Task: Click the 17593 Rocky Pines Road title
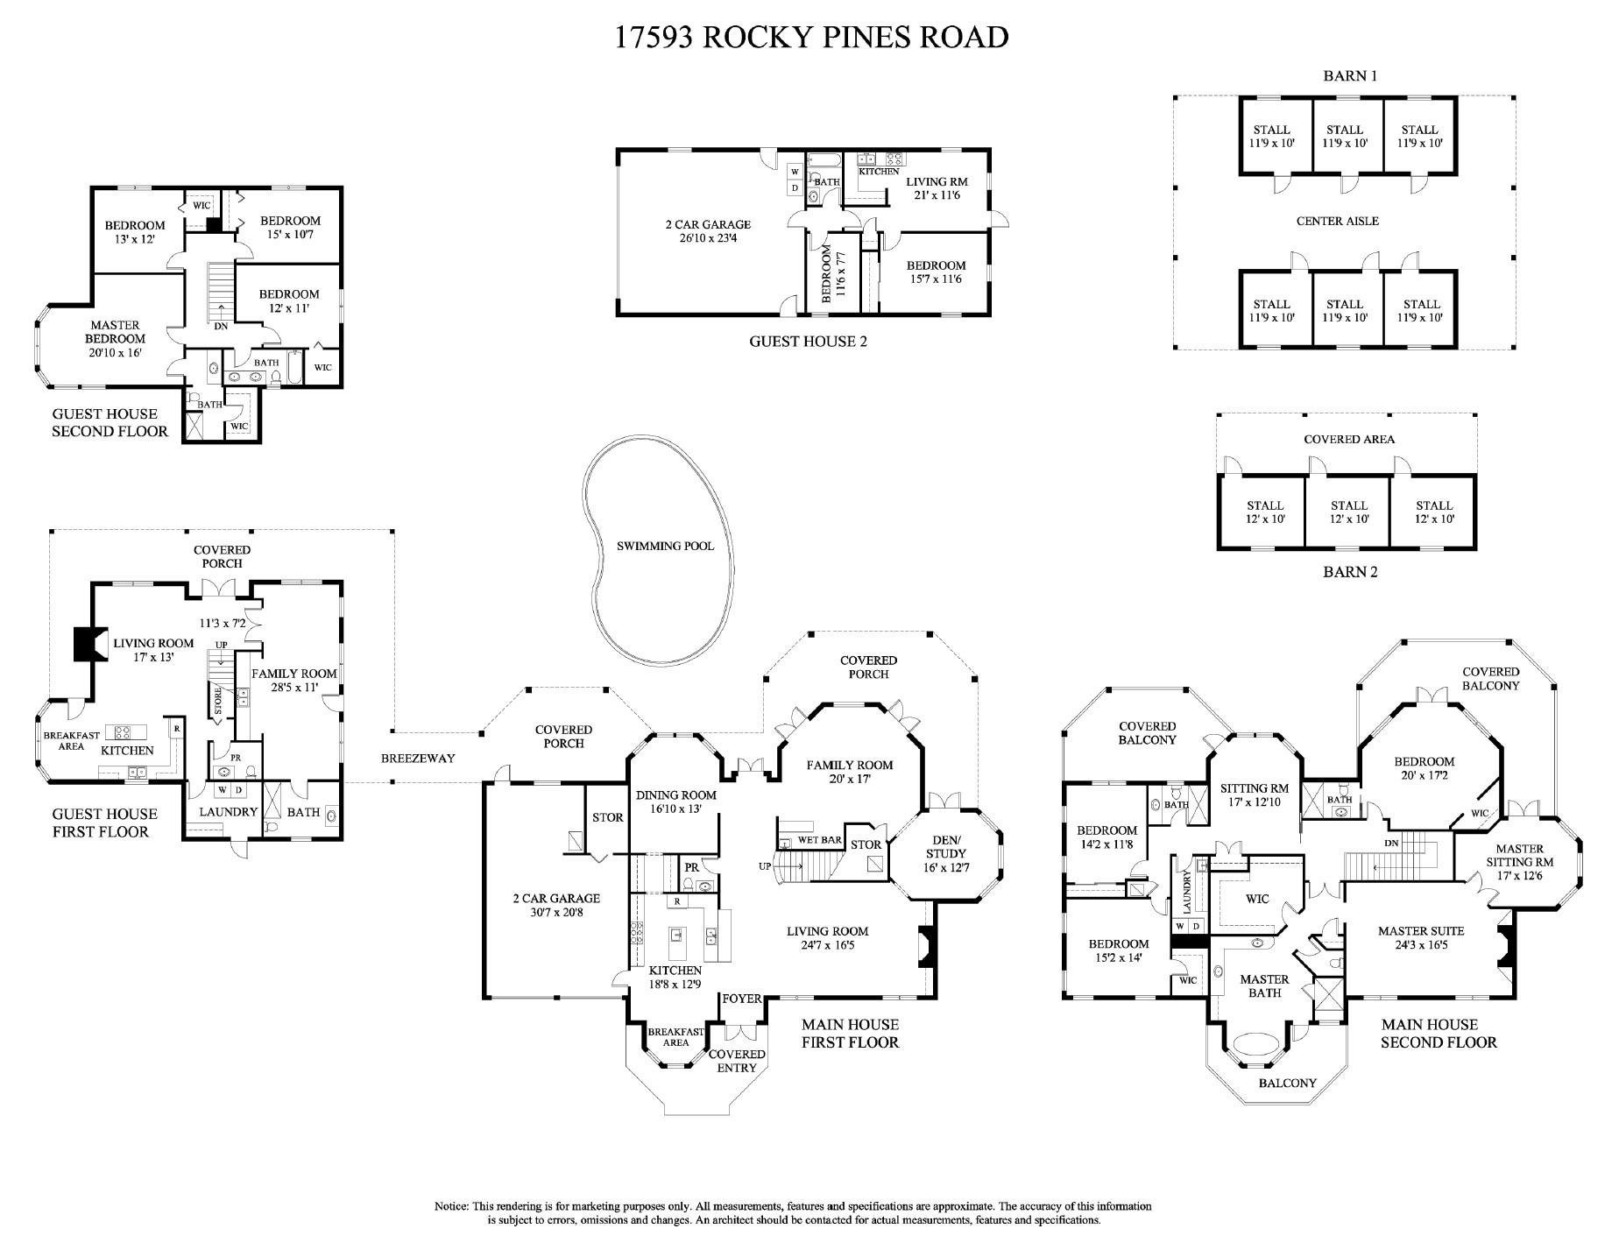pos(810,37)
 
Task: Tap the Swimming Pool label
pos(665,546)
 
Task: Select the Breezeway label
pos(418,758)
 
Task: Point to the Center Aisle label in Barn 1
pos(1337,221)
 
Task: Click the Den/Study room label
pos(945,853)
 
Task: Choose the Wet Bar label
pos(819,840)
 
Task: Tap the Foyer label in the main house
pos(741,999)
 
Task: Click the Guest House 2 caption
pos(808,341)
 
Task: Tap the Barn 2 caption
pos(1349,572)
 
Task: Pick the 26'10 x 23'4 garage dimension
pos(708,238)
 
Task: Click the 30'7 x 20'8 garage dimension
pos(555,912)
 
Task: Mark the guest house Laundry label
pos(228,812)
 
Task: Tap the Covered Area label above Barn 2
pos(1348,439)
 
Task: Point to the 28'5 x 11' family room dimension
pos(294,688)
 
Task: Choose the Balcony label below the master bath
pos(1287,1083)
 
